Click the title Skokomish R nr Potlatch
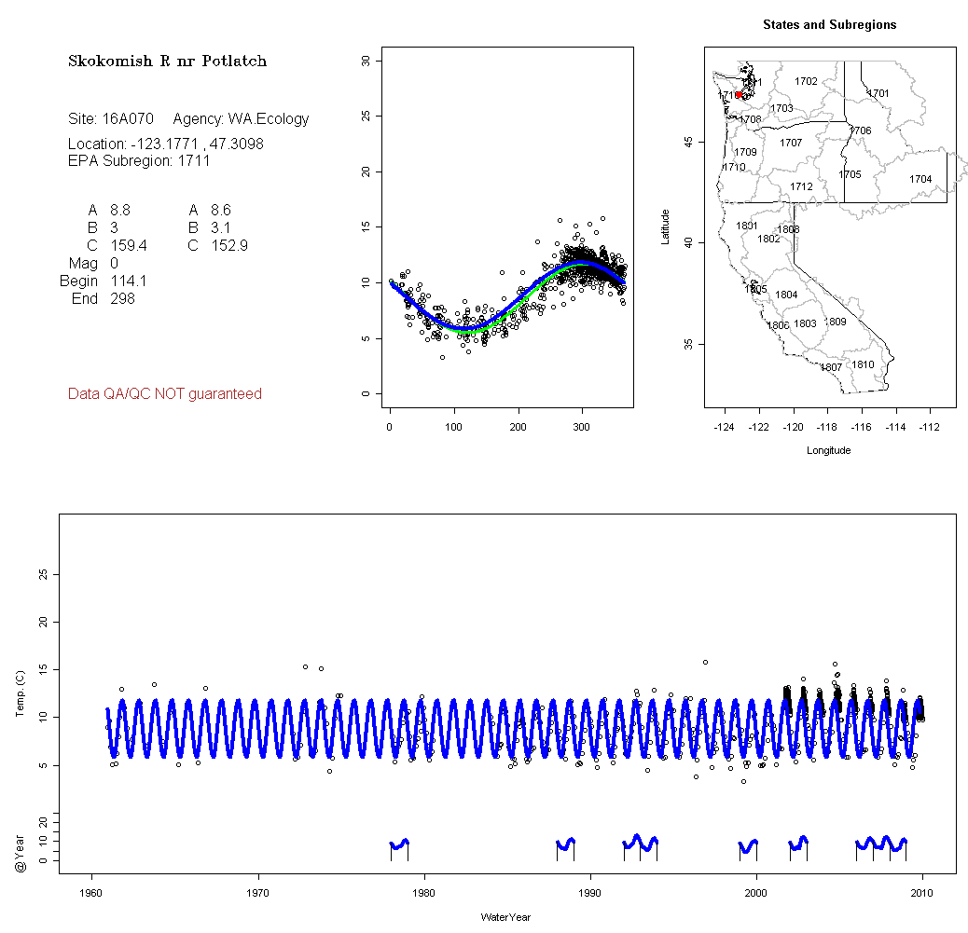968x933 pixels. tap(167, 62)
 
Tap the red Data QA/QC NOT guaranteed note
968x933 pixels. tap(165, 394)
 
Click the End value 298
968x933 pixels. tap(122, 298)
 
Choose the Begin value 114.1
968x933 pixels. tap(128, 281)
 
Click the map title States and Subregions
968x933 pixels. tap(829, 25)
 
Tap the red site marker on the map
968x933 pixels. tap(739, 94)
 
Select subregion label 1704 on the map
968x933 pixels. tap(920, 179)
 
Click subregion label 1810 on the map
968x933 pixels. tap(864, 364)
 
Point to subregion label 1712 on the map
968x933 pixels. tap(801, 186)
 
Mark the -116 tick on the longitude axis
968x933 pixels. tap(861, 428)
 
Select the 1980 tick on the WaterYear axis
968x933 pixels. tap(424, 894)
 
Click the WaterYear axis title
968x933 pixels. tap(505, 917)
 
